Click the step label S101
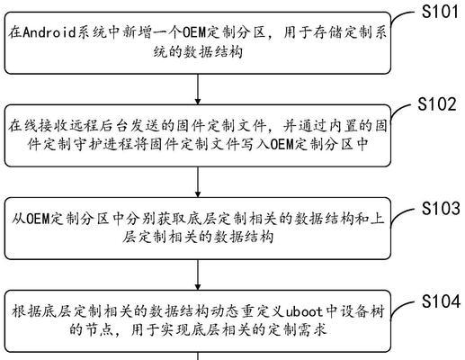click(x=440, y=12)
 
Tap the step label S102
click(x=437, y=103)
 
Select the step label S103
click(x=441, y=208)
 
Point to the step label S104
click(x=441, y=301)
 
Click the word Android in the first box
click(x=49, y=31)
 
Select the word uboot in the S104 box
click(x=304, y=311)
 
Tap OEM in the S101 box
click(x=194, y=32)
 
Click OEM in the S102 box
click(x=282, y=144)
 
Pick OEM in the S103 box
click(x=38, y=219)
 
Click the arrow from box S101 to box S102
click(x=198, y=89)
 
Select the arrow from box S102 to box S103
click(x=198, y=182)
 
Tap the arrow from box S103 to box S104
click(x=198, y=274)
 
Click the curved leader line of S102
click(x=398, y=110)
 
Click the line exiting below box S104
click(x=198, y=355)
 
